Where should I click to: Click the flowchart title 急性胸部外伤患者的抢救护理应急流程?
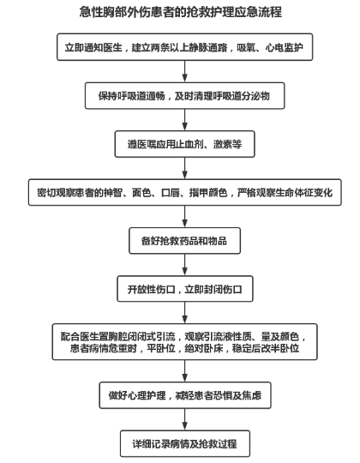[x=181, y=12]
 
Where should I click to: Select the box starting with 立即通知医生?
[x=185, y=47]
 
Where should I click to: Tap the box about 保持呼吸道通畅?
[x=185, y=96]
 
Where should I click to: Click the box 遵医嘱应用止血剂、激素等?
[x=185, y=144]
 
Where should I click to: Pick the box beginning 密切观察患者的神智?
[x=185, y=192]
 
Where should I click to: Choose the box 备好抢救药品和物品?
[x=185, y=241]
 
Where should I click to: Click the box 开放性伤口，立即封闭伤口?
[x=185, y=289]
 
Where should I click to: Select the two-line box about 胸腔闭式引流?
[x=185, y=341]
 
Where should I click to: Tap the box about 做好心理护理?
[x=185, y=395]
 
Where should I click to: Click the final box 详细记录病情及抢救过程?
[x=185, y=444]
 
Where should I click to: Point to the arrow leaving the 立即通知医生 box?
[x=185, y=71]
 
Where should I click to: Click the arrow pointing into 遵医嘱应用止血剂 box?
[x=185, y=120]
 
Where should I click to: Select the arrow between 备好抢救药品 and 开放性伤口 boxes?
[x=185, y=265]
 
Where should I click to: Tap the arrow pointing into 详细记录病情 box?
[x=185, y=419]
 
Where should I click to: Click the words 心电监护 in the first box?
[x=285, y=47]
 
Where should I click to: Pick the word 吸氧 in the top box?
[x=246, y=47]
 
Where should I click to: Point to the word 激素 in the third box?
[x=223, y=144]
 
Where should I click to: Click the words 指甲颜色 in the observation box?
[x=208, y=193]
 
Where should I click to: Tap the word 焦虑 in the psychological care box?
[x=252, y=395]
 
